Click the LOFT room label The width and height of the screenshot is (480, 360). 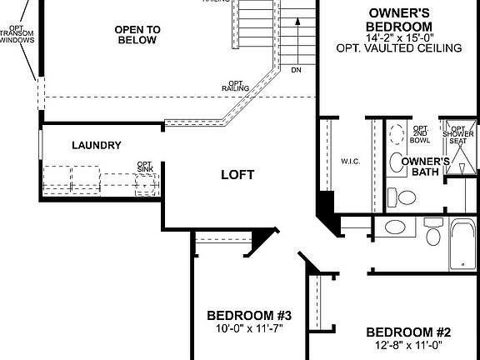tap(237, 175)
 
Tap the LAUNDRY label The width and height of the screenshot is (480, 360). tap(97, 146)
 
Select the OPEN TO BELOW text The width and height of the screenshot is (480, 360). tap(137, 34)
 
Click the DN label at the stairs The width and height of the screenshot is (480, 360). tap(296, 70)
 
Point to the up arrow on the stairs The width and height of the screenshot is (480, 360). tap(295, 33)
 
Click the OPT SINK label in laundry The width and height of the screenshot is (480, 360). tap(145, 167)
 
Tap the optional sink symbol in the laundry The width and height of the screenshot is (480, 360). tap(146, 184)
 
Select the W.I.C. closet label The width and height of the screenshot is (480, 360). tap(350, 161)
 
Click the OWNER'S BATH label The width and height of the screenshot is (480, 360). tap(425, 167)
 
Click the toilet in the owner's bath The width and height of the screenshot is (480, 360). tap(406, 197)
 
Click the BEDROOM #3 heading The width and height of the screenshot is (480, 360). tap(249, 316)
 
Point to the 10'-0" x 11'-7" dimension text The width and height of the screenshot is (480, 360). tap(249, 328)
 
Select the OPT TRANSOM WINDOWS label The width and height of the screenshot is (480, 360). tap(17, 34)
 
